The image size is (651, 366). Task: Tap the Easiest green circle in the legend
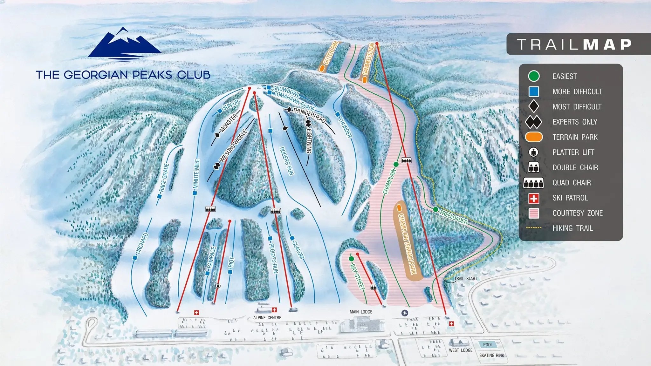tap(534, 76)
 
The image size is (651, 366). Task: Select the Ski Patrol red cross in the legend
tap(534, 199)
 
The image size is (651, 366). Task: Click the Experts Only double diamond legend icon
tap(533, 122)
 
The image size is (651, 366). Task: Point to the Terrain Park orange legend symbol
tap(534, 137)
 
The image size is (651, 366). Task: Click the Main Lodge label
tap(361, 312)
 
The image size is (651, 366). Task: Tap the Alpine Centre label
tap(267, 318)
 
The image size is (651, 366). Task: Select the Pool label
tap(488, 345)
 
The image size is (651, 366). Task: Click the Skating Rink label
tap(491, 356)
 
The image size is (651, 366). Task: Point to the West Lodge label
tap(461, 350)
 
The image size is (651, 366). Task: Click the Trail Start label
tap(466, 279)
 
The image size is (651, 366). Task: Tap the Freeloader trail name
tap(454, 217)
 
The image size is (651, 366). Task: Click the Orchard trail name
tap(142, 243)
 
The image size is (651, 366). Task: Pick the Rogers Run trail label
tap(287, 161)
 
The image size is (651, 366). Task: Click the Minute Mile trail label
tap(196, 174)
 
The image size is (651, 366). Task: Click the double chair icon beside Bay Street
tap(373, 287)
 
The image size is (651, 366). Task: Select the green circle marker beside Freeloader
tap(435, 209)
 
